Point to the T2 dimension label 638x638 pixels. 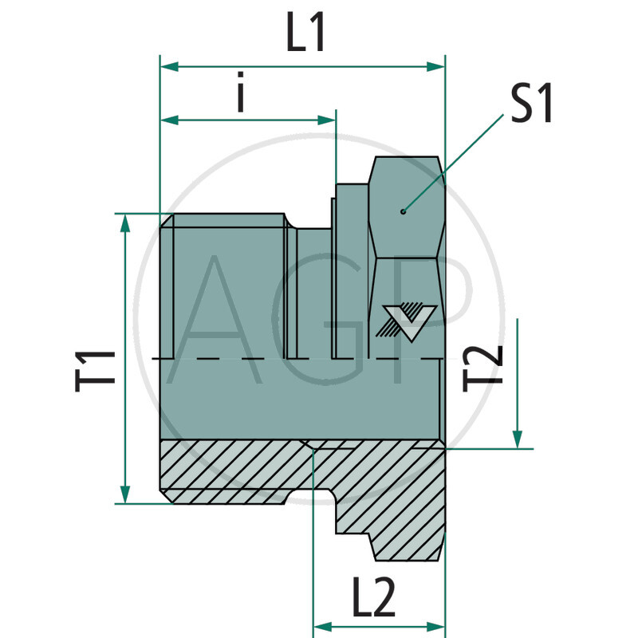pos(484,365)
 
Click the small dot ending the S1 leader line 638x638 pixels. pos(404,211)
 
